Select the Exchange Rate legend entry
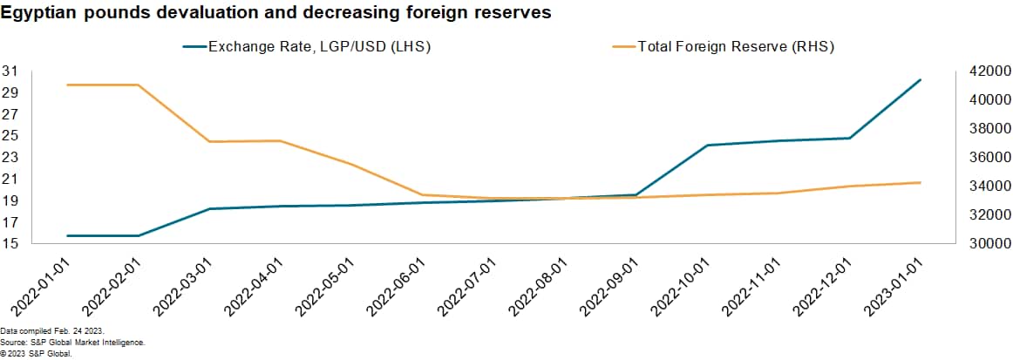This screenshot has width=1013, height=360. (x=319, y=47)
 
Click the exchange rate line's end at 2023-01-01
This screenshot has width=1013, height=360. (x=921, y=80)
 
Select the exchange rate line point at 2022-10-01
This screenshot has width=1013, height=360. (x=707, y=145)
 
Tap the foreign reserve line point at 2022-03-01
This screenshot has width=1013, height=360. (x=209, y=141)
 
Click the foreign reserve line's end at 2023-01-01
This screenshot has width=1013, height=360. (x=921, y=182)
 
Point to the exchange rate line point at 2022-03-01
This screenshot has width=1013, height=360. (x=209, y=209)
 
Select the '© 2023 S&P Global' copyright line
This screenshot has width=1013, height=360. (x=36, y=354)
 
